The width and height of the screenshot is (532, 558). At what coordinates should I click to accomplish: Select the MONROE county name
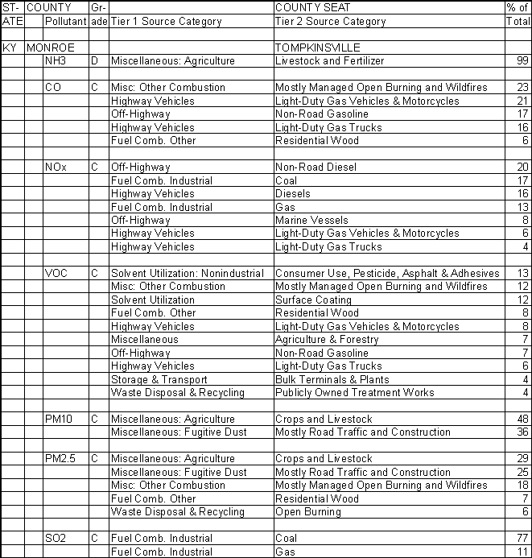(x=51, y=48)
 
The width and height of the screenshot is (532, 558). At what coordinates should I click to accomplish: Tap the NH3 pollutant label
(x=56, y=61)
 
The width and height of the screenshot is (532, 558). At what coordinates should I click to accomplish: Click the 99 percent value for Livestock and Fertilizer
(x=522, y=61)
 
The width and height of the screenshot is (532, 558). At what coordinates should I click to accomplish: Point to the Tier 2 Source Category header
(x=329, y=21)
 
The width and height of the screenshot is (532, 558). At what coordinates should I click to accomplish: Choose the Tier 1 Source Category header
(x=166, y=21)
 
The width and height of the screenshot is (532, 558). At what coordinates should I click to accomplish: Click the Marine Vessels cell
(x=311, y=221)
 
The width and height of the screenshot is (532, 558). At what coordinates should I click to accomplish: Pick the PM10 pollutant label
(x=60, y=420)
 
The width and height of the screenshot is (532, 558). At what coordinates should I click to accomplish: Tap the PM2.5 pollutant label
(x=61, y=459)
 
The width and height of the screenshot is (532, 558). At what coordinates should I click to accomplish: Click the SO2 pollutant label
(x=56, y=539)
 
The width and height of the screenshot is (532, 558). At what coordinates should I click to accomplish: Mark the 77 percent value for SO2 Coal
(x=522, y=539)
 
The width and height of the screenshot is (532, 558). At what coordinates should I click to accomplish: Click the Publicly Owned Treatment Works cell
(x=354, y=393)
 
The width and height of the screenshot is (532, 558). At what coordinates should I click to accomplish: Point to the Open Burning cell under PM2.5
(x=307, y=512)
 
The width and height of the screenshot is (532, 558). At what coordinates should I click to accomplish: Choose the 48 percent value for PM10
(x=522, y=420)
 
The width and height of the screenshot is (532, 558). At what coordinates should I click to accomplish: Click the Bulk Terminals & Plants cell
(x=332, y=380)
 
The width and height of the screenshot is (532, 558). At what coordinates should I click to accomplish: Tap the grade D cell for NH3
(x=94, y=61)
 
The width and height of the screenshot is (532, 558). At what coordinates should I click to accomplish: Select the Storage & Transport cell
(x=159, y=380)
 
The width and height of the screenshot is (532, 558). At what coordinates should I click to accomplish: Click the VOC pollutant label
(x=56, y=274)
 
